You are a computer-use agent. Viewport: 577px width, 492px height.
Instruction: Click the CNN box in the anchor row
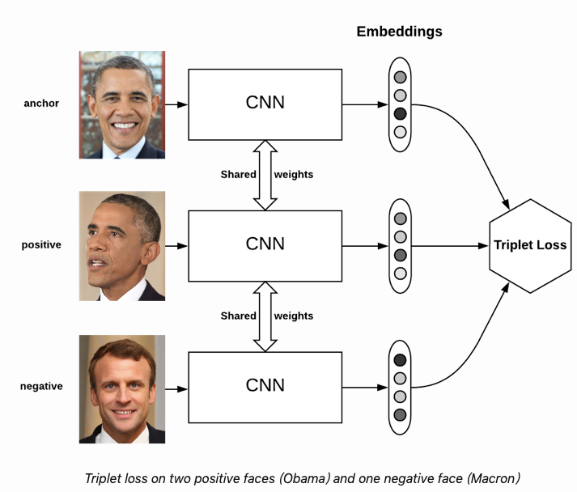[265, 104]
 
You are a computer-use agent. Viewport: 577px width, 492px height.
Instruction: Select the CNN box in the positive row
[265, 244]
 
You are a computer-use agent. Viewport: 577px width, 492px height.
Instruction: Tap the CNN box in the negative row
[265, 385]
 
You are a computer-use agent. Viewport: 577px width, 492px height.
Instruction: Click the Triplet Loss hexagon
[530, 245]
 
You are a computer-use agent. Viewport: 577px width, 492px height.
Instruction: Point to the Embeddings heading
[399, 32]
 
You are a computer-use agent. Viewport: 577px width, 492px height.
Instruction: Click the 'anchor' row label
[41, 104]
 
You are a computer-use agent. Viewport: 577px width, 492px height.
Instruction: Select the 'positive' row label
[41, 244]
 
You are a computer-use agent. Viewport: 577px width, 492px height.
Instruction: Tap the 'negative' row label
[41, 386]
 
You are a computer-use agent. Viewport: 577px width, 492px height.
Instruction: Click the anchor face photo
[121, 104]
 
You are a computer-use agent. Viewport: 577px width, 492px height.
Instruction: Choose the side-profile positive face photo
[121, 245]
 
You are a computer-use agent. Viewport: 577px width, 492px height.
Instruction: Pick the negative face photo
[121, 389]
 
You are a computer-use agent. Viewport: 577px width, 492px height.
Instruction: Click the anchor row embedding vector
[400, 104]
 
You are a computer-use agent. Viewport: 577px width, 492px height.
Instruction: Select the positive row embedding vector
[400, 245]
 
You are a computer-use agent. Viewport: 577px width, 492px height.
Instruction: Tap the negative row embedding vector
[400, 387]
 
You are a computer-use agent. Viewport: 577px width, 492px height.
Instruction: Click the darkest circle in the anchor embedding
[400, 113]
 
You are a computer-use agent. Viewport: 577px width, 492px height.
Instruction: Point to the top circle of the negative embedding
[400, 360]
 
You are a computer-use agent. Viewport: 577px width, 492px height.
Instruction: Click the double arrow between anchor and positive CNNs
[265, 174]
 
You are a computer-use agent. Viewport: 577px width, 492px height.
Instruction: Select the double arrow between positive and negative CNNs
[265, 316]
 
